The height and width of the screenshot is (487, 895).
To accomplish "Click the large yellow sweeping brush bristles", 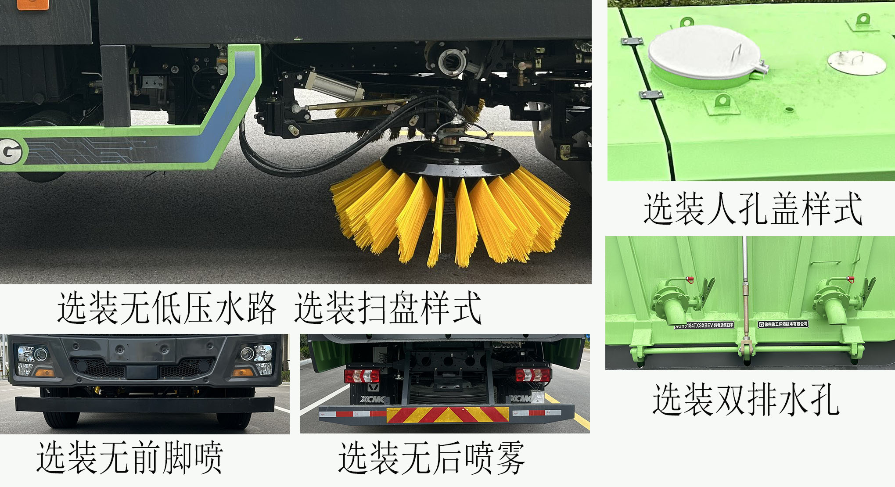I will pyautogui.click(x=450, y=215).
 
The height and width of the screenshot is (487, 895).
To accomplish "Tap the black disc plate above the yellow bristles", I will pyautogui.click(x=450, y=162).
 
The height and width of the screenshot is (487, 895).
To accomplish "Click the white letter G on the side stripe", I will pyautogui.click(x=11, y=151).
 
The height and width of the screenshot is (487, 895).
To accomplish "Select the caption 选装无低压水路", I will pyautogui.click(x=167, y=308).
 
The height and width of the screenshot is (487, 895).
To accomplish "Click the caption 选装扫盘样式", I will pyautogui.click(x=388, y=308).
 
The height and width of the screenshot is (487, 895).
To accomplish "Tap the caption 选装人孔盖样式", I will pyautogui.click(x=753, y=209).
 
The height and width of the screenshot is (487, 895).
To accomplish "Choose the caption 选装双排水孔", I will pyautogui.click(x=746, y=399).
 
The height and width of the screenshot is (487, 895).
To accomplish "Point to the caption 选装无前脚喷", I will pyautogui.click(x=130, y=458).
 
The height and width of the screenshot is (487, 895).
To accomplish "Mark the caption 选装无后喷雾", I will pyautogui.click(x=432, y=458).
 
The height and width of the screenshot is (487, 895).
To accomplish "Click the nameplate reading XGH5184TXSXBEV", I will pyautogui.click(x=704, y=326).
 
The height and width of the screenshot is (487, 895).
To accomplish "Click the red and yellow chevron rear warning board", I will pyautogui.click(x=448, y=415).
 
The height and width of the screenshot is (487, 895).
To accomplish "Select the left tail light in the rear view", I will pyautogui.click(x=362, y=376).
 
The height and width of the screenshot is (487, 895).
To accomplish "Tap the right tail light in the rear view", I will pyautogui.click(x=533, y=375).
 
